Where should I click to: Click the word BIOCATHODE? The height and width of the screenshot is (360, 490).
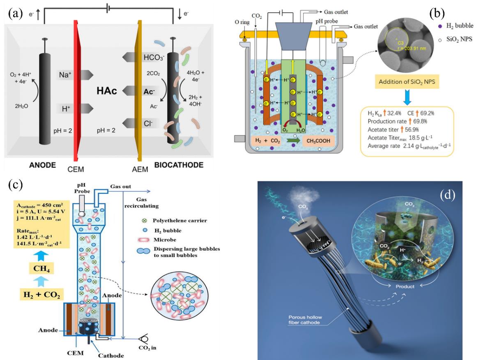coord(179,165)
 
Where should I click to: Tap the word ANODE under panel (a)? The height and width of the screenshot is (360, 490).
coord(43,165)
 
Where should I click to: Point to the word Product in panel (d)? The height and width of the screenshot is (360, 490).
coord(405,286)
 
